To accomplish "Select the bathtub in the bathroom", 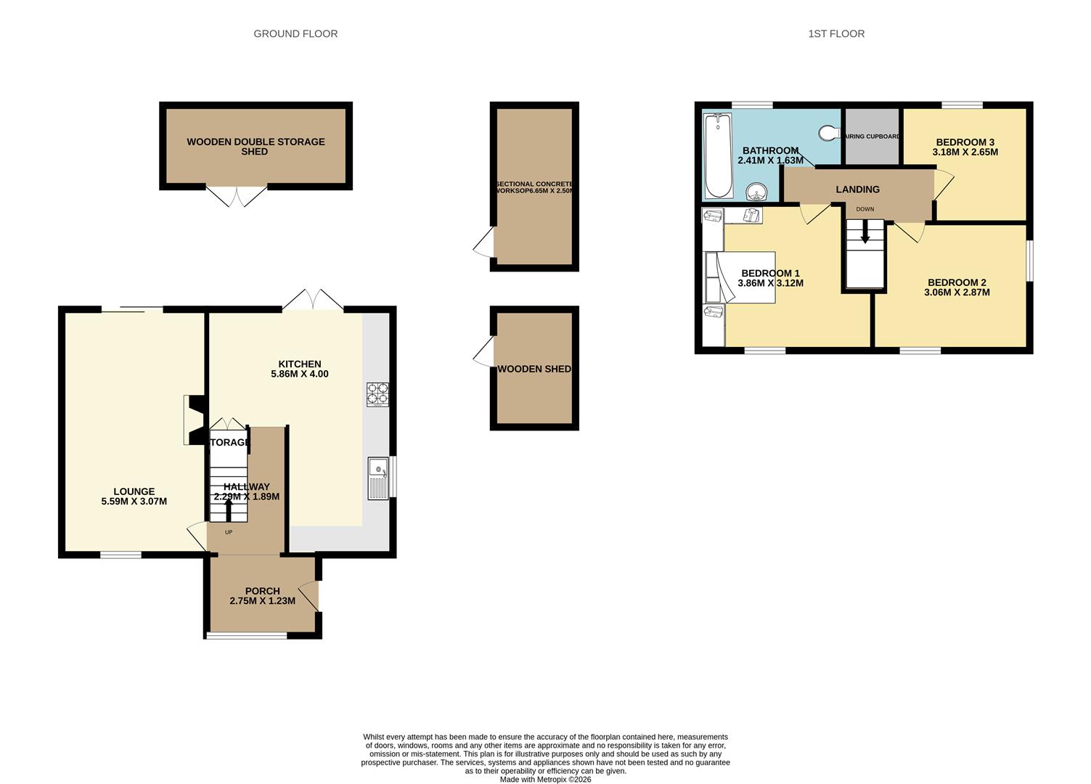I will tap(719, 155).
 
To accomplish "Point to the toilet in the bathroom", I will tap(828, 133).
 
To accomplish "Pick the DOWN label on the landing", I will tap(865, 209).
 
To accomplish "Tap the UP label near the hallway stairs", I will tap(229, 532).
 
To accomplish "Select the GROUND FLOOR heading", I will tap(295, 33).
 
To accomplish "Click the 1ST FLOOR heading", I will tap(836, 33).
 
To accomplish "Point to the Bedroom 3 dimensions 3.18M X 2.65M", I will tap(965, 152).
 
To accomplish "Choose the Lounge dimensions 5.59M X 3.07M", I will tap(134, 501).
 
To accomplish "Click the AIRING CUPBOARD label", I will tap(872, 136).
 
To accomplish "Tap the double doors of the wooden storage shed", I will tap(237, 196).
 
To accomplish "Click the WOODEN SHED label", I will tap(534, 369).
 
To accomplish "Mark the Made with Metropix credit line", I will tap(545, 780).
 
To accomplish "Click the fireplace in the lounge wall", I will tap(195, 420).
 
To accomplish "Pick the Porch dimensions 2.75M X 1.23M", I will tap(262, 601).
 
